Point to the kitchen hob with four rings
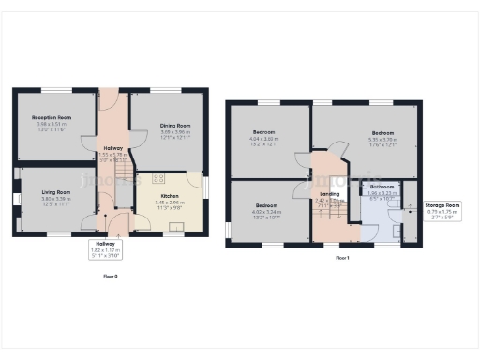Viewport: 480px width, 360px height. click(x=156, y=177)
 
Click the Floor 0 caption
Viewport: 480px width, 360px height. click(x=111, y=276)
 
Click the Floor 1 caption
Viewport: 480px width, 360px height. click(x=341, y=258)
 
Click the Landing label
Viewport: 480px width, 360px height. click(x=329, y=194)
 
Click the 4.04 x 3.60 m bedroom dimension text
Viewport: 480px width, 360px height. click(x=267, y=139)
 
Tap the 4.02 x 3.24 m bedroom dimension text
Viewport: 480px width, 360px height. click(x=267, y=212)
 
